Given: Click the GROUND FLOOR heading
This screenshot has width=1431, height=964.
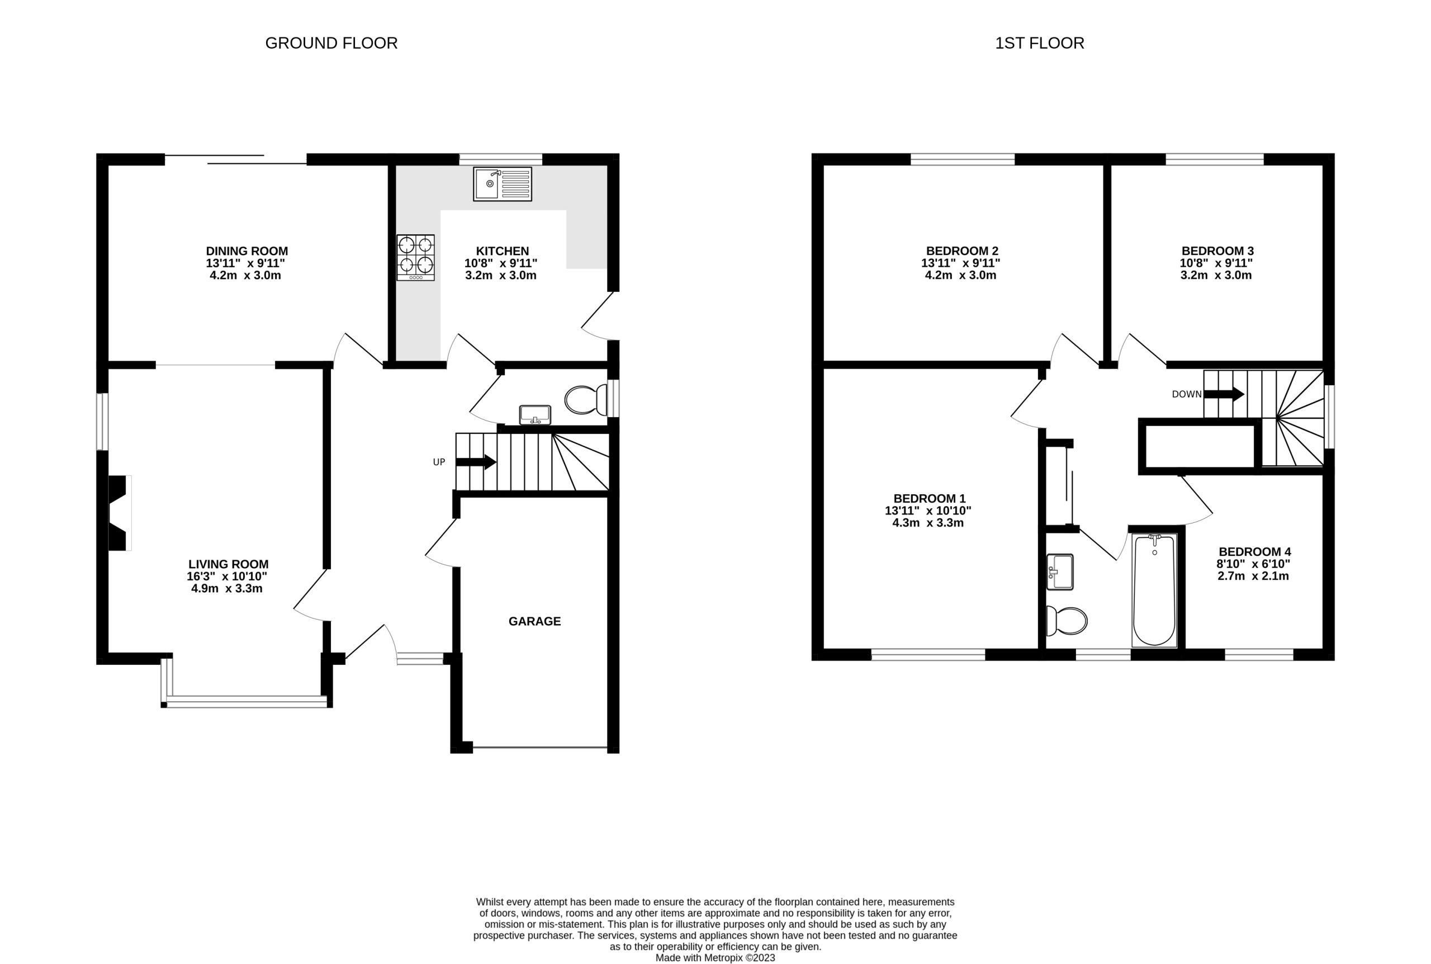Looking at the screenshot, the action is point(331,43).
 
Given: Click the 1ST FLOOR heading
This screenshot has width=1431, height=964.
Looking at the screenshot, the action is point(1040,43).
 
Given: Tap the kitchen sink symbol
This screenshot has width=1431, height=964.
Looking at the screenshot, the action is point(502,183).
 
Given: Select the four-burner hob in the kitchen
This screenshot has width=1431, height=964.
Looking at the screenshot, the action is point(415,258).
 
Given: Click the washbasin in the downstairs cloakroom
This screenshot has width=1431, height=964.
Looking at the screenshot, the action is point(534,415).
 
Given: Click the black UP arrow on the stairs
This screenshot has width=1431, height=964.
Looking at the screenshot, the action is point(476,462).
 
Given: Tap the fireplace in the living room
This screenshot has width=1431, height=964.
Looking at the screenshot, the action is point(120,513).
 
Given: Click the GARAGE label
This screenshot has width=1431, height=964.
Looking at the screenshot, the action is point(534,622).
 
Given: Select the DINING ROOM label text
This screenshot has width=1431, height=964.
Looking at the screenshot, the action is point(247,251).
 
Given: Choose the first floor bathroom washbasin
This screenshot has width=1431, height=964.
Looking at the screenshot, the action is point(1059,572).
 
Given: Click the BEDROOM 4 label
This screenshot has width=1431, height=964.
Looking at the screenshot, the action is point(1253,551).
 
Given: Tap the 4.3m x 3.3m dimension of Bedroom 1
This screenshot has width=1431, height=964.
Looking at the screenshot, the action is point(928,523).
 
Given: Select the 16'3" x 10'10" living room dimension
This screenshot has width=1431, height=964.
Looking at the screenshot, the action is point(228,576).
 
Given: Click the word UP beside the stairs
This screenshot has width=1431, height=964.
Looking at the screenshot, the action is point(439,462).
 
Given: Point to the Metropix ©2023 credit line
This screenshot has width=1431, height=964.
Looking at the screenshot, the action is point(715,958).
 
